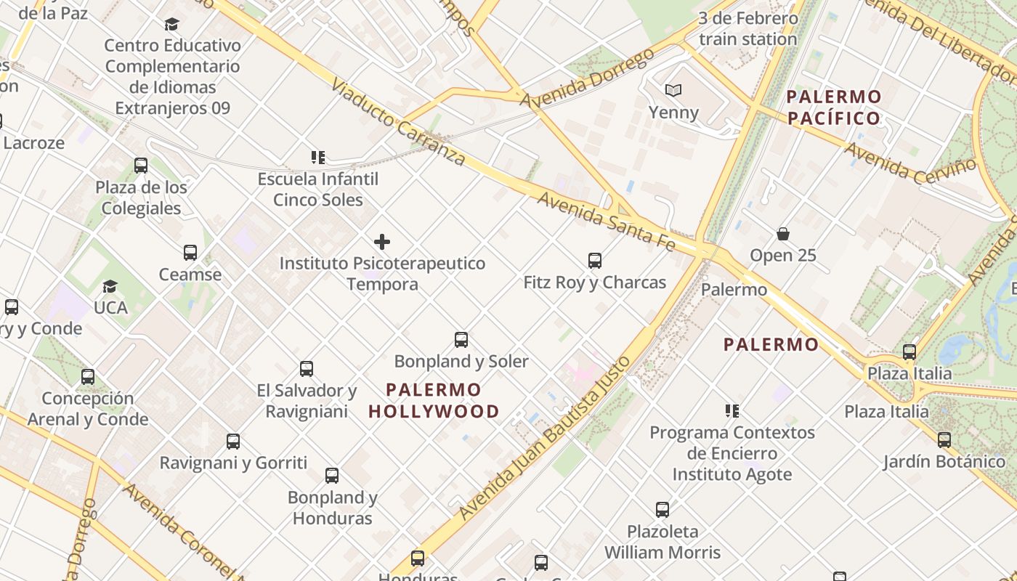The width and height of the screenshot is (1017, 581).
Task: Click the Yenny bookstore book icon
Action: click(x=673, y=91)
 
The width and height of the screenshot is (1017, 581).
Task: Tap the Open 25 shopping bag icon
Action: click(x=783, y=234)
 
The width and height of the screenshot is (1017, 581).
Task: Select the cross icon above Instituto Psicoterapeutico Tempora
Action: click(x=382, y=242)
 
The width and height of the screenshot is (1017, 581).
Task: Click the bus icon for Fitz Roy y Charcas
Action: click(x=595, y=261)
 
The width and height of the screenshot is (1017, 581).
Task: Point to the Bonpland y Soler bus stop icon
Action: click(x=461, y=340)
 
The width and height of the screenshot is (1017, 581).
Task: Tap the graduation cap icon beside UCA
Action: click(x=110, y=286)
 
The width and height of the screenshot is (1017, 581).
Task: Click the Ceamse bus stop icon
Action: click(x=190, y=253)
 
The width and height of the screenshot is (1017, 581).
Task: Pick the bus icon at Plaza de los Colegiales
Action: click(x=141, y=166)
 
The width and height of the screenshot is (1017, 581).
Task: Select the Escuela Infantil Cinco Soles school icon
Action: click(x=317, y=157)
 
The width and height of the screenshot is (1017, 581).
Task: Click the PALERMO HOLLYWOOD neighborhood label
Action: click(x=434, y=401)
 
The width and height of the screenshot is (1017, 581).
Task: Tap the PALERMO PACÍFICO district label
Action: click(x=834, y=107)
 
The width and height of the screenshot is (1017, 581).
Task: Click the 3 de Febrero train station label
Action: click(x=748, y=29)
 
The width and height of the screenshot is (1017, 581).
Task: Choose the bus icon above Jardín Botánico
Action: click(x=944, y=440)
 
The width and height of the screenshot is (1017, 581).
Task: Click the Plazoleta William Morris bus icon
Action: click(x=663, y=510)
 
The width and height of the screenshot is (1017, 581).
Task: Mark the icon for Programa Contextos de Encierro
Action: click(x=732, y=411)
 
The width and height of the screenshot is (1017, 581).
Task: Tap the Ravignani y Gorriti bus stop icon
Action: click(x=233, y=442)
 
